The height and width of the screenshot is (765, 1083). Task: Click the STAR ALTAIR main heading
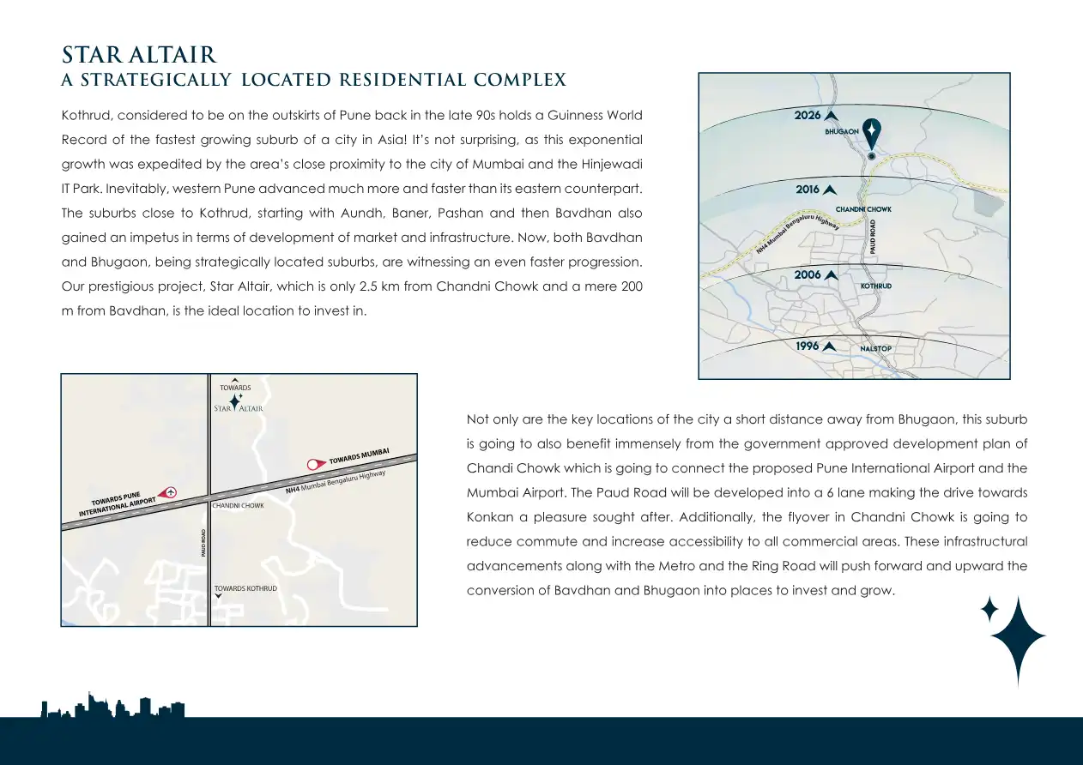click(139, 56)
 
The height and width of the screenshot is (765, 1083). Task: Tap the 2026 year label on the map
click(808, 115)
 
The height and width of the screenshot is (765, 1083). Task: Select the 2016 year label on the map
click(808, 190)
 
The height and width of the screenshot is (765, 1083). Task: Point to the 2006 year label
click(808, 275)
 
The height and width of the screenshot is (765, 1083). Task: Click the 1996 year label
click(808, 346)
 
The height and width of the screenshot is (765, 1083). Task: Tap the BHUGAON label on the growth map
click(842, 132)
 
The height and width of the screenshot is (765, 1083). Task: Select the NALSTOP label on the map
click(875, 349)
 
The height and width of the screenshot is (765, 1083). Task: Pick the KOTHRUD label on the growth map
click(875, 286)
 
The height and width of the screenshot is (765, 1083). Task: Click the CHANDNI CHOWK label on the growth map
click(863, 209)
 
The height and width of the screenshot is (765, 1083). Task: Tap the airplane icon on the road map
click(170, 492)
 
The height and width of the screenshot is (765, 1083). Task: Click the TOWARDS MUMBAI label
click(360, 456)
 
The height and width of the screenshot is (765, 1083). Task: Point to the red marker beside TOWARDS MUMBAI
click(315, 464)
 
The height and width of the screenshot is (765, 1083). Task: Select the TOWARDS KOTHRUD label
click(245, 588)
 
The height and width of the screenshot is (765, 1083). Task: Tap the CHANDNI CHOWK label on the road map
click(239, 506)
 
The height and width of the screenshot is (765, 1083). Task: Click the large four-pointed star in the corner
click(1018, 638)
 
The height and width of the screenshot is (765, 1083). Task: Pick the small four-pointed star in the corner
click(989, 609)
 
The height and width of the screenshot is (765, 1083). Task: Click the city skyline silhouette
click(112, 706)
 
